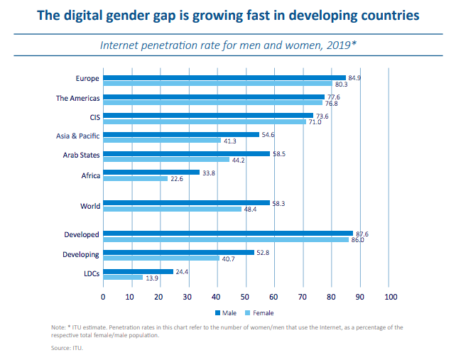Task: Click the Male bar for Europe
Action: [224, 77]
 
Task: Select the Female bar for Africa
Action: [136, 178]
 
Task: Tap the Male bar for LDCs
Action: [139, 271]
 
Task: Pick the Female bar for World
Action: [173, 209]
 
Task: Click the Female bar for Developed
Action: [226, 240]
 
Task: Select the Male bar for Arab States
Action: [187, 153]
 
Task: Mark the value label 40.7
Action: [229, 258]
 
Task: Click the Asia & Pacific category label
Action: [78, 135]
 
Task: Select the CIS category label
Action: [94, 116]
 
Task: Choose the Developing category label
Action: [82, 253]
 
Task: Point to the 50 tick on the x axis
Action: [246, 296]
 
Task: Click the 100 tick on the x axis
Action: [389, 296]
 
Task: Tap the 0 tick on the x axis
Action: [104, 296]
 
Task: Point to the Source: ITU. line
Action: [67, 348]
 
